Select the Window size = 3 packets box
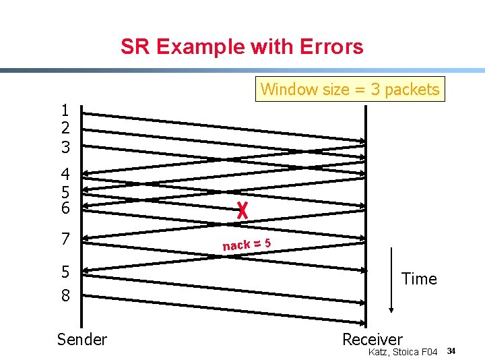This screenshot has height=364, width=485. point(350,89)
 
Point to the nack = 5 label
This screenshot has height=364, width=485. point(247,243)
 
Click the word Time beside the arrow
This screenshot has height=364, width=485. point(419,278)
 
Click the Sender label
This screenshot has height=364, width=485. point(82,339)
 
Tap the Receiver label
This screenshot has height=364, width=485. point(372,339)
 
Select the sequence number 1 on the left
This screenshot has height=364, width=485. point(65,111)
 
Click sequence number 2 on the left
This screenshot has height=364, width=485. point(65,128)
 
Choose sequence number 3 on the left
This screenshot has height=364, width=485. point(65,146)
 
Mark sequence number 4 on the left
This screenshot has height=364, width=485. point(65,173)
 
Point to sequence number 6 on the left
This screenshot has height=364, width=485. point(65,208)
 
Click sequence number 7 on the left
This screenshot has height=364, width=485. point(65,239)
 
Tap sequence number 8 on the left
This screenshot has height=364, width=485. point(65,295)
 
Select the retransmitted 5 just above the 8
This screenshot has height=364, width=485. point(65,272)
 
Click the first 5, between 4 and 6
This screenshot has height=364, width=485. point(65,191)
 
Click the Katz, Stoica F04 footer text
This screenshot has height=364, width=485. point(403,352)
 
